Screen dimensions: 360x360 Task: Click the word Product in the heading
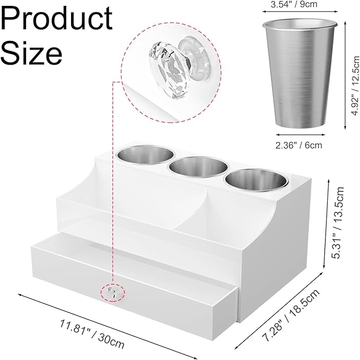[57, 20]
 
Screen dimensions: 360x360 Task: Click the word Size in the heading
[32, 53]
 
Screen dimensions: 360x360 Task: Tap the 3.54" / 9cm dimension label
[294, 4]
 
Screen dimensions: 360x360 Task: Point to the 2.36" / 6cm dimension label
[298, 145]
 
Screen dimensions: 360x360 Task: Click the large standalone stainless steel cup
[300, 73]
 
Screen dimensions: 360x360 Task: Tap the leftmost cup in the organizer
[146, 154]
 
